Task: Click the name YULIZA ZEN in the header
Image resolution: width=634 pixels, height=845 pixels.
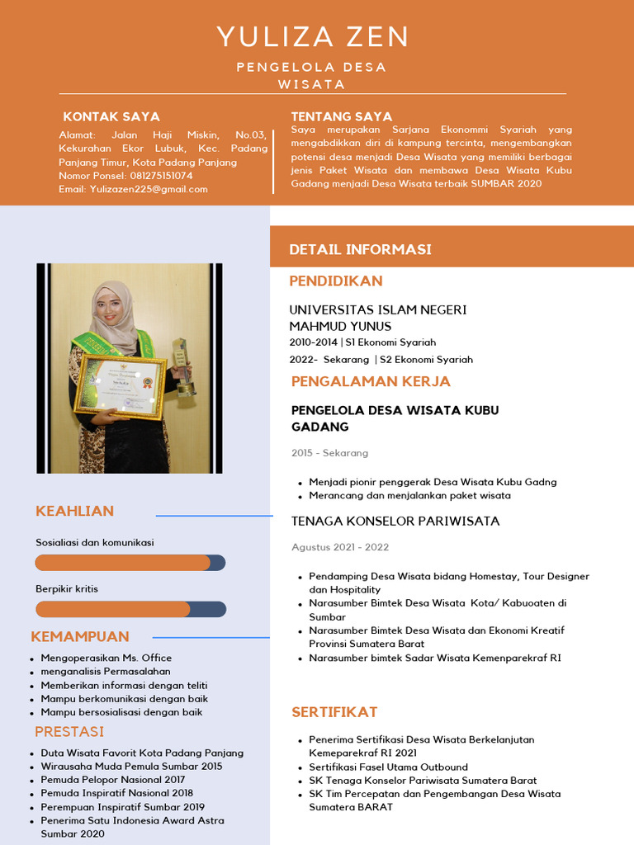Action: pyautogui.click(x=313, y=37)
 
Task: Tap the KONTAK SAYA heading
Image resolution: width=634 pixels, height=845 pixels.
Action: pyautogui.click(x=111, y=116)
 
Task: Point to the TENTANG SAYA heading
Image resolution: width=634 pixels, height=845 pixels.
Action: pyautogui.click(x=342, y=116)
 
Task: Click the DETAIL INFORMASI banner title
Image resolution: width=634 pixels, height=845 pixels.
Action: pyautogui.click(x=360, y=249)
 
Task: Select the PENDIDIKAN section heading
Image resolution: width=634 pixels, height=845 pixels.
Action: pyautogui.click(x=336, y=281)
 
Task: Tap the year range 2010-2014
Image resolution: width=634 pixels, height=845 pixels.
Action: pyautogui.click(x=313, y=342)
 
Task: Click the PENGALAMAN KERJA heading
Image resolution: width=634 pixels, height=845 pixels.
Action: pyautogui.click(x=371, y=381)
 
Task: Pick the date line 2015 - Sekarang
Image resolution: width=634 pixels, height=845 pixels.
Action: pyautogui.click(x=329, y=453)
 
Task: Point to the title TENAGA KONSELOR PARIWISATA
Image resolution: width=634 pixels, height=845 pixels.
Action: pyautogui.click(x=395, y=521)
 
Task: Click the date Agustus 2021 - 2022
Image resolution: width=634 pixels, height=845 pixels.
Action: pyautogui.click(x=340, y=547)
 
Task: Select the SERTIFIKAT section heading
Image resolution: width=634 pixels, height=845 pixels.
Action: pyautogui.click(x=334, y=712)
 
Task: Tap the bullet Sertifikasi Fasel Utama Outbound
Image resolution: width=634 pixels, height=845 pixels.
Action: pyautogui.click(x=388, y=767)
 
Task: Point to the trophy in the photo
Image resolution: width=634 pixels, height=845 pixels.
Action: pyautogui.click(x=182, y=367)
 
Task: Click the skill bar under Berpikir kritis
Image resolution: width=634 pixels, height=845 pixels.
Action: pyautogui.click(x=130, y=609)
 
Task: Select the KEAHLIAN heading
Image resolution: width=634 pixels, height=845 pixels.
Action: pyautogui.click(x=74, y=511)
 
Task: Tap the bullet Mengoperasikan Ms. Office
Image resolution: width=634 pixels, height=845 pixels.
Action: pyautogui.click(x=106, y=658)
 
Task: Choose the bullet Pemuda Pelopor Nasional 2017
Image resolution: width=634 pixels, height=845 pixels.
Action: pyautogui.click(x=113, y=780)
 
